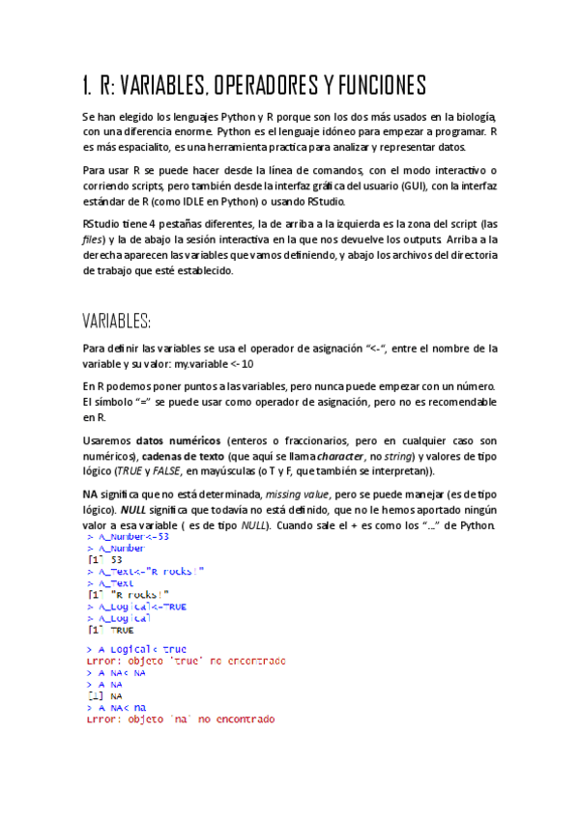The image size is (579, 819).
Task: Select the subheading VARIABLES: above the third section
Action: point(116,321)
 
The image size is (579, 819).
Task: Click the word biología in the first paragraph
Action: point(473,116)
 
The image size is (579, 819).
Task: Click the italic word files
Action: point(95,240)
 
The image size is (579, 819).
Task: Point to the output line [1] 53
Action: point(104,559)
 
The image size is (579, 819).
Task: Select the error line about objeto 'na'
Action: point(180,720)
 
